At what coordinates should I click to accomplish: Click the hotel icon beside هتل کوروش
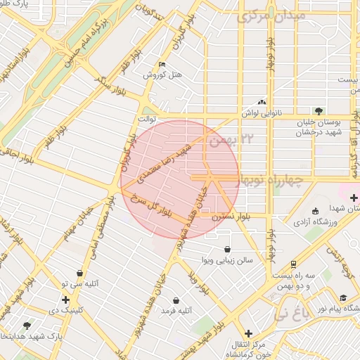163,65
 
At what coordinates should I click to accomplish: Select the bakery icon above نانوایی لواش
262,101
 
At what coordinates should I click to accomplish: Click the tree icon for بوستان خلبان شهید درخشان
319,110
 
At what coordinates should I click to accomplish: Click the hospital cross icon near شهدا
353,198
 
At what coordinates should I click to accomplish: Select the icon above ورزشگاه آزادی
314,211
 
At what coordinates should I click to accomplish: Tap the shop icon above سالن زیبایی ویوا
226,249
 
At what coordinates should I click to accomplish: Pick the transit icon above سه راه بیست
292,264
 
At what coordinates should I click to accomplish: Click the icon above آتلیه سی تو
79,273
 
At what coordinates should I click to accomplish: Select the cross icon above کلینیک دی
65,300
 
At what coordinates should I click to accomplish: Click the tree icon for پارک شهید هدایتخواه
27,326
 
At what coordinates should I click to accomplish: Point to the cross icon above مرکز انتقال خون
247,333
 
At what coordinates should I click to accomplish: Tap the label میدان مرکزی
271,15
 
